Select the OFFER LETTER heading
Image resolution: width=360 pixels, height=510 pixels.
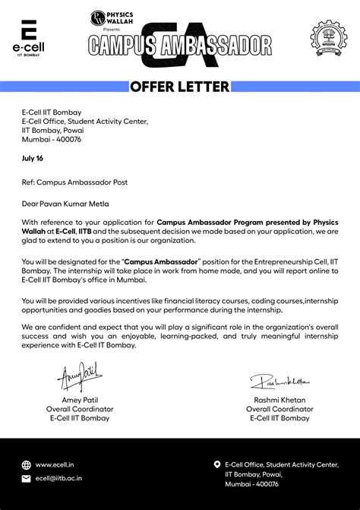click(x=179, y=87)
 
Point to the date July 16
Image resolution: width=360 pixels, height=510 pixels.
click(x=33, y=158)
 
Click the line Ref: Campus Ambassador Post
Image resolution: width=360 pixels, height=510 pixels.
click(x=74, y=182)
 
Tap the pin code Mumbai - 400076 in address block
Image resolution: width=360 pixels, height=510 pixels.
click(x=52, y=139)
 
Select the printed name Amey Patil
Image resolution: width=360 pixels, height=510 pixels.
click(x=80, y=400)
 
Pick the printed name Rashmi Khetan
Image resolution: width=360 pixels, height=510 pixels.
click(x=279, y=400)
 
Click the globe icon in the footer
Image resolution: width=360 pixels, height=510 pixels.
click(x=27, y=464)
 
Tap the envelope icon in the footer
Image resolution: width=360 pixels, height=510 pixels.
click(x=27, y=479)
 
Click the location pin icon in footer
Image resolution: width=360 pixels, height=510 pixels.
click(x=216, y=464)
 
